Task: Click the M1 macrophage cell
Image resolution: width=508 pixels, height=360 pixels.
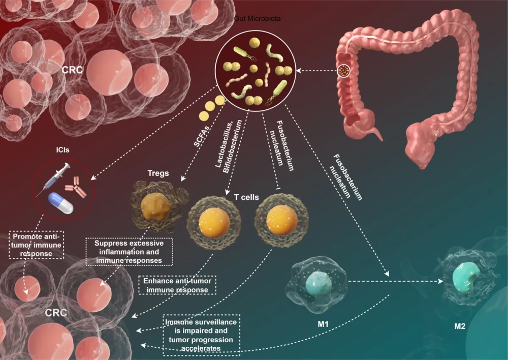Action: [317, 282]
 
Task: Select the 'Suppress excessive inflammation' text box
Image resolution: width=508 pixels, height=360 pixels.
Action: [129, 252]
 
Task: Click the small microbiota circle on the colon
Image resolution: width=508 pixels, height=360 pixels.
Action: [345, 71]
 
